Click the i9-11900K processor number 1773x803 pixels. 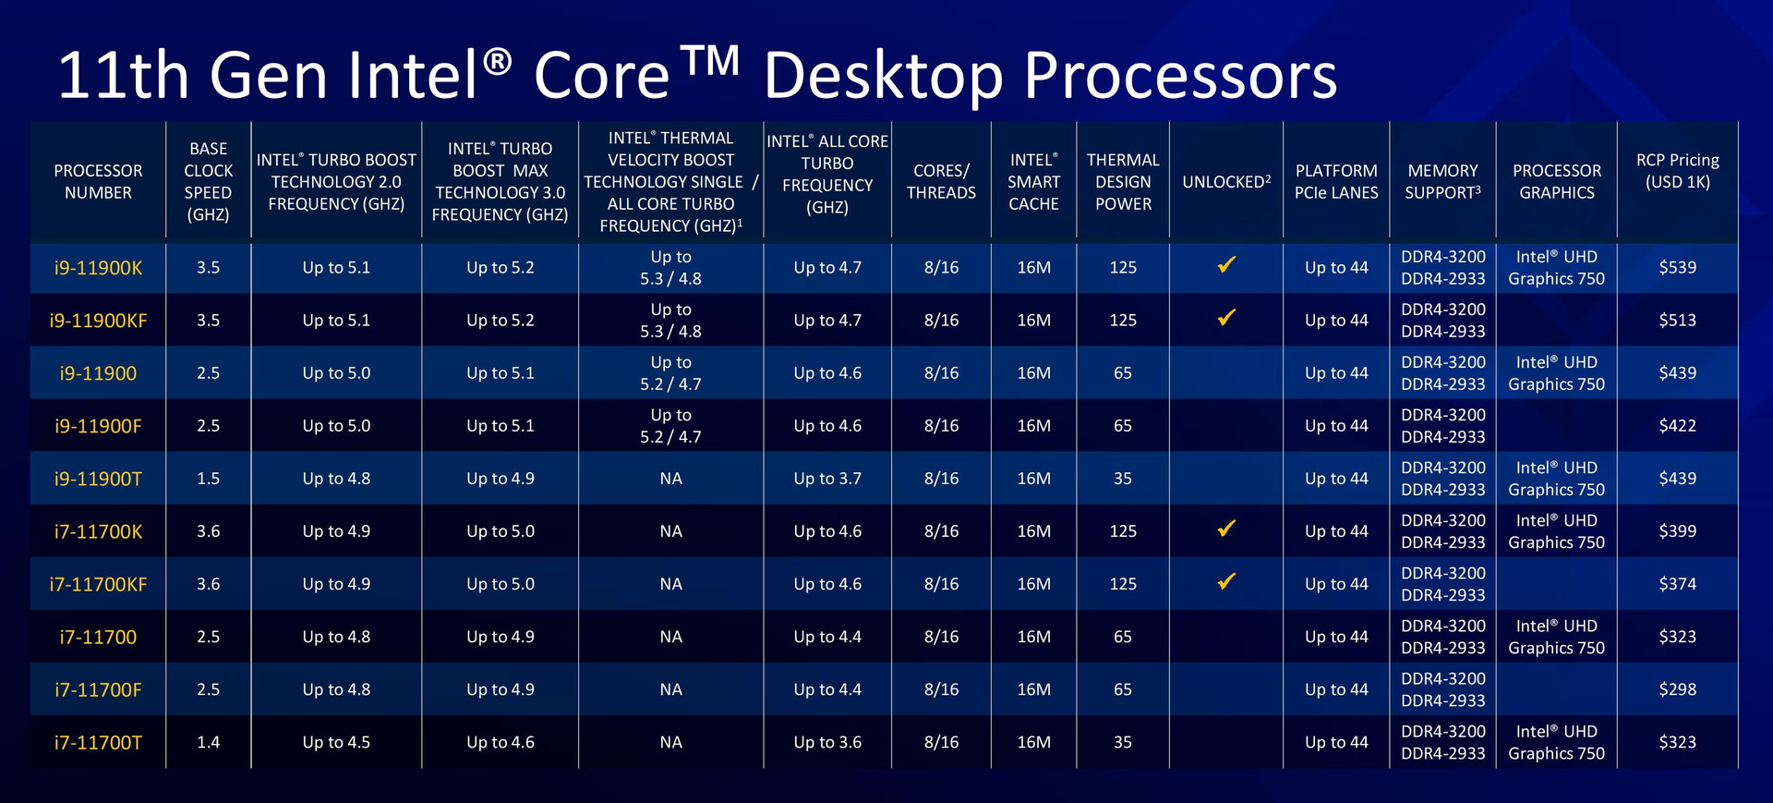click(98, 268)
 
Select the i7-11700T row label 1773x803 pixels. click(98, 743)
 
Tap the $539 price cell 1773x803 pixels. click(1677, 268)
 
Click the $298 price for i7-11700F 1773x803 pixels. click(1677, 689)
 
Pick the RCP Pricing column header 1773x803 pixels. click(1677, 171)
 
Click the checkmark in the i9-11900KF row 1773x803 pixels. click(1226, 318)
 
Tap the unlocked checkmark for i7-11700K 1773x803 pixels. click(1226, 529)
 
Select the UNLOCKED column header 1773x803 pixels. click(1226, 181)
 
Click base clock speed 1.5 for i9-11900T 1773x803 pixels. click(208, 479)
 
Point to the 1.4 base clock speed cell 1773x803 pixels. click(208, 743)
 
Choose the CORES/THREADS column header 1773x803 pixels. click(941, 182)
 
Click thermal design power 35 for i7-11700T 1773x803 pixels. click(1122, 743)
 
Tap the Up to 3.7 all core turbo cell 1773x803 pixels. click(827, 479)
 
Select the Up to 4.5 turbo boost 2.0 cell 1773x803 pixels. click(336, 743)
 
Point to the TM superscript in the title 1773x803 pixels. click(711, 60)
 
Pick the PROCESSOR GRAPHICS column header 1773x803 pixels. click(1556, 182)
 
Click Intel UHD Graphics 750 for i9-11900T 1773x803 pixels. click(1556, 479)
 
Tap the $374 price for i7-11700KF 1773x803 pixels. click(1677, 584)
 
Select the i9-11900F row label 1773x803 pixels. click(98, 426)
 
